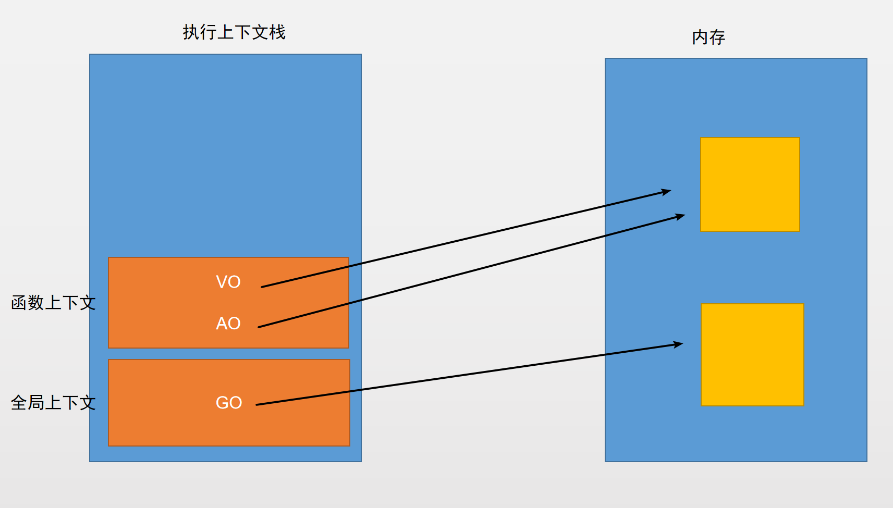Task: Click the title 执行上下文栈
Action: pos(234,32)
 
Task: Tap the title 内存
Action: pos(708,38)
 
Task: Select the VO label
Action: pos(228,282)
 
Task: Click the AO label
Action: pos(228,323)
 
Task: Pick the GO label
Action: pos(229,402)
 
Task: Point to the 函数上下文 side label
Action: pos(53,303)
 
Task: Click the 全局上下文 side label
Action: pos(53,402)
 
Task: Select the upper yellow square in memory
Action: pos(750,184)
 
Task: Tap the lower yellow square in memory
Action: pos(752,355)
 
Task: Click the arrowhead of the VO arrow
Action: pos(670,191)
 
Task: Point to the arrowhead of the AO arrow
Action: pos(684,216)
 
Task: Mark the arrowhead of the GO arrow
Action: pos(681,343)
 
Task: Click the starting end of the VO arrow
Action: pos(262,287)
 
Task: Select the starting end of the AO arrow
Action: pos(259,327)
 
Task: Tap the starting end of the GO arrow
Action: pos(256,405)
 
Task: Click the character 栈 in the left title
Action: pos(277,32)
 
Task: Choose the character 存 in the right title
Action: pos(717,38)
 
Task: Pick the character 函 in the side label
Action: pos(19,303)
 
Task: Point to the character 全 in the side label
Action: pos(19,402)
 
